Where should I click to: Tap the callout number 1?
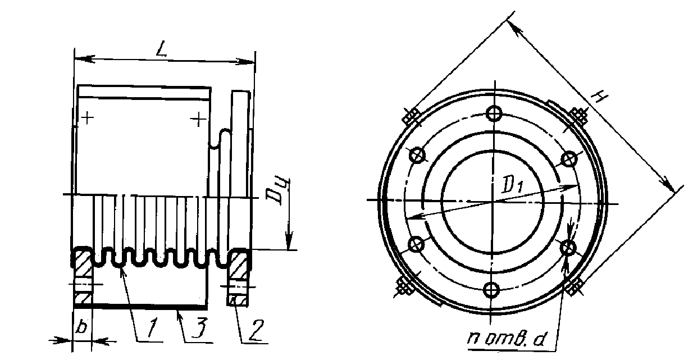tap(152, 328)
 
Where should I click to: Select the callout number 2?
tap(257, 330)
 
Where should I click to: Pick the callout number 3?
tap(199, 328)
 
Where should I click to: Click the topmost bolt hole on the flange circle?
tap(494, 113)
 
